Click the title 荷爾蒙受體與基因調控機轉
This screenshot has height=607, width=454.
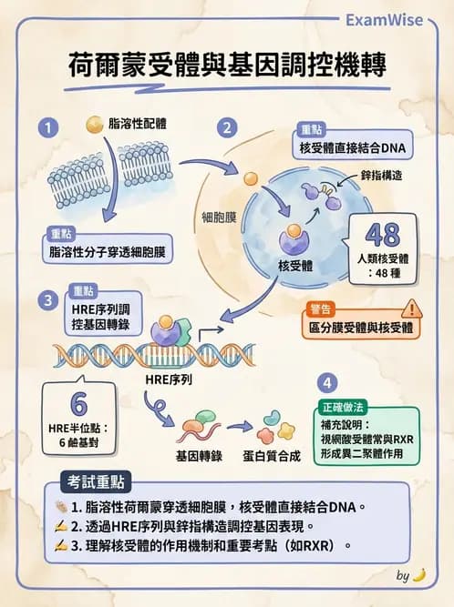(x=227, y=66)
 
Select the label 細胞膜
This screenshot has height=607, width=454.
(x=219, y=218)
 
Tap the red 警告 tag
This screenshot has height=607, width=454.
(x=321, y=308)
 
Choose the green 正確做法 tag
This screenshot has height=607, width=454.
(x=347, y=407)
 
